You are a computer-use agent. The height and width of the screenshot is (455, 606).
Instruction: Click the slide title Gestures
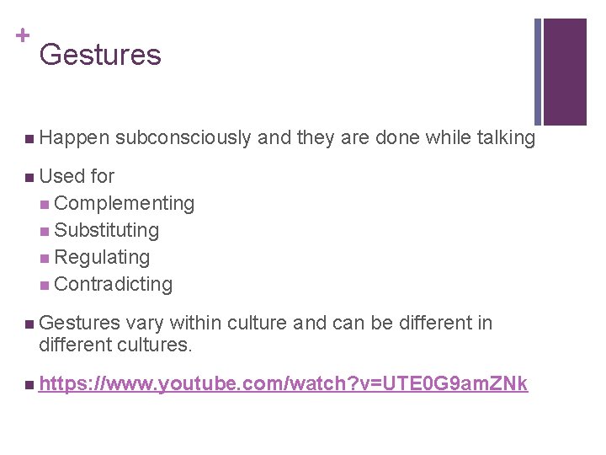click(99, 56)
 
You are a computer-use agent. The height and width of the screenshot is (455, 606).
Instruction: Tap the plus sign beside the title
click(20, 36)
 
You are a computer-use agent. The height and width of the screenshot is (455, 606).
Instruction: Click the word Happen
click(74, 138)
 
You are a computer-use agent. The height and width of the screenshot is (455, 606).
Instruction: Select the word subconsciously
click(183, 138)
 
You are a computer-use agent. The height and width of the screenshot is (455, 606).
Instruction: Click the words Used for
click(77, 176)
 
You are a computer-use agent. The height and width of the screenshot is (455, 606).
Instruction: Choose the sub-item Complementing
click(124, 203)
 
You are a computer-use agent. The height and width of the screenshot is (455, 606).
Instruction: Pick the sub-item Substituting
click(106, 230)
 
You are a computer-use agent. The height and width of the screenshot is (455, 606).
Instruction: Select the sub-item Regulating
click(102, 257)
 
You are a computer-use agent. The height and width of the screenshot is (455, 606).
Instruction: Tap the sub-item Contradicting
click(113, 284)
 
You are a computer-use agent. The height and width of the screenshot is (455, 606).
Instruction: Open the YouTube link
click(283, 384)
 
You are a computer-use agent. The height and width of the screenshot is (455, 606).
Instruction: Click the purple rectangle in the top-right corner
click(565, 72)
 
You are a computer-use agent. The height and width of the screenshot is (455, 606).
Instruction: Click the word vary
click(148, 323)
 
